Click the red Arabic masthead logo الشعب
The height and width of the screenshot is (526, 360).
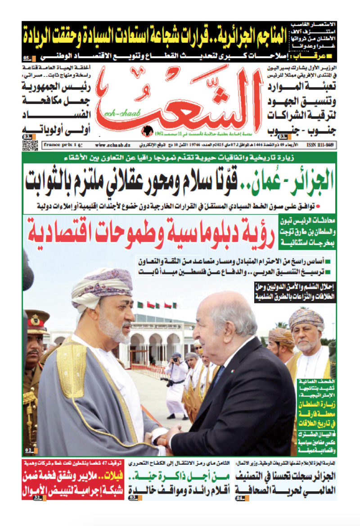[x=180, y=101]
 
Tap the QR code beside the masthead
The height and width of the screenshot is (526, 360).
[x=30, y=145]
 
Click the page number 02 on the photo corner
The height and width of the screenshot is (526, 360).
[x=28, y=450]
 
